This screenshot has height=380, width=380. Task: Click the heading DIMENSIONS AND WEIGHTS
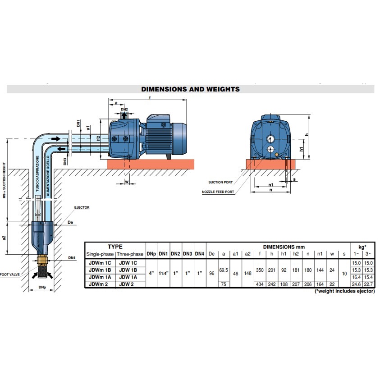click(190, 89)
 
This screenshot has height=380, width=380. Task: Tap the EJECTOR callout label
click(82, 207)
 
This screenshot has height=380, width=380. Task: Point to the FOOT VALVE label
click(10, 275)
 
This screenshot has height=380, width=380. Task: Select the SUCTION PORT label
click(220, 182)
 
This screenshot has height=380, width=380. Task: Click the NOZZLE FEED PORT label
click(218, 192)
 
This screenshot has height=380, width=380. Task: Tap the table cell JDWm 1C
click(100, 263)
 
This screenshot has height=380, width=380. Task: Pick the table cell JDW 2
click(126, 284)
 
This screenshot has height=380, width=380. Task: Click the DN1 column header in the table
click(163, 254)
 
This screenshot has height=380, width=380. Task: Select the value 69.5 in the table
click(224, 270)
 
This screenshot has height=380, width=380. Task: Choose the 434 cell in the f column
click(260, 284)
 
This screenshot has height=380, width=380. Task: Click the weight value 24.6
click(356, 284)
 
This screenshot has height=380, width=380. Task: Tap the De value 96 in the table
click(211, 273)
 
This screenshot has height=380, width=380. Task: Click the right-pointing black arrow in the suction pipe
click(56, 139)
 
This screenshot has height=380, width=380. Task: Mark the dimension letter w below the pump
click(127, 182)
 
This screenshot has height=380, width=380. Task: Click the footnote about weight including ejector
click(345, 291)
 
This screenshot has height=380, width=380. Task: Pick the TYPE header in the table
click(115, 247)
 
